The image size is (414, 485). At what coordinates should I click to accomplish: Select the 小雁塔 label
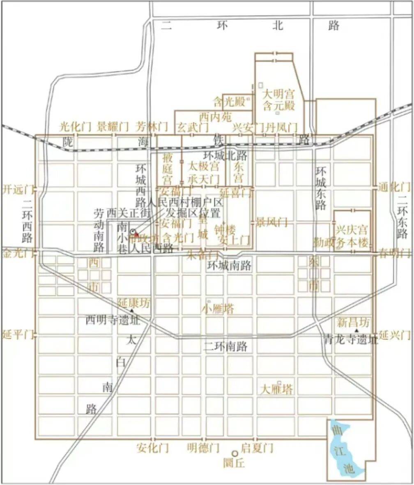[x=218, y=309]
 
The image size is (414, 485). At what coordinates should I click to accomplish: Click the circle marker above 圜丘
[x=235, y=453]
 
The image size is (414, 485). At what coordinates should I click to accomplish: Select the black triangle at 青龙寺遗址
[x=356, y=331]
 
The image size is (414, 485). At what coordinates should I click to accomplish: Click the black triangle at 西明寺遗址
[x=131, y=310]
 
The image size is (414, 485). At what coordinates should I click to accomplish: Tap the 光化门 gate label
[x=75, y=126]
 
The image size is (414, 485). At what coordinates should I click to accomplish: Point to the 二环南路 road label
[x=225, y=347]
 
